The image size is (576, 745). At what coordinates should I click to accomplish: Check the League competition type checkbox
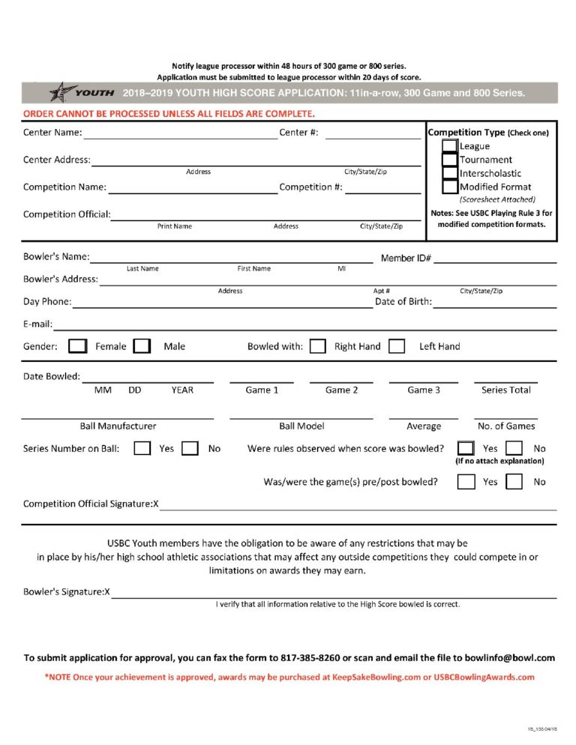coord(449,146)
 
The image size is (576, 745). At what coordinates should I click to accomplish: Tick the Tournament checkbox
coord(449,160)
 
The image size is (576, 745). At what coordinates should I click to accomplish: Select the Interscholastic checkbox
coord(449,173)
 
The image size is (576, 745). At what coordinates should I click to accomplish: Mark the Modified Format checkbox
coord(449,187)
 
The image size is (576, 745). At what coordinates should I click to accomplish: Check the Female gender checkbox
coord(77,346)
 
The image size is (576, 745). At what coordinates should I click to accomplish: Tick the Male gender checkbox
coord(142,346)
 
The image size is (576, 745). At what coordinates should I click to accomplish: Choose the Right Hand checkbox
coord(318,346)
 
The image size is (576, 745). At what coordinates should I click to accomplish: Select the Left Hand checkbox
coord(397,346)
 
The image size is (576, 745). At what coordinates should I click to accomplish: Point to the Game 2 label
coord(341,390)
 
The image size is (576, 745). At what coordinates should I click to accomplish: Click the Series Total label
coord(505,390)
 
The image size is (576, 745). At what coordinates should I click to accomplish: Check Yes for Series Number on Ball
coord(142,448)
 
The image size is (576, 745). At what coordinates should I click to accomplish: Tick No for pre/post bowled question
coord(514,482)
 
